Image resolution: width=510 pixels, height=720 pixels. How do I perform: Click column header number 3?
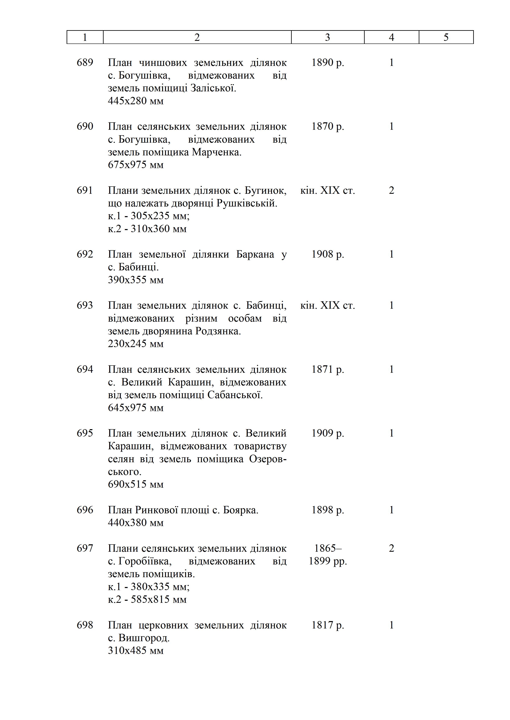pyautogui.click(x=327, y=37)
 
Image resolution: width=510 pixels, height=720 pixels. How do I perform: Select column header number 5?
pyautogui.click(x=446, y=37)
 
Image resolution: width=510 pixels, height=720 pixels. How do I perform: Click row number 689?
pyautogui.click(x=85, y=62)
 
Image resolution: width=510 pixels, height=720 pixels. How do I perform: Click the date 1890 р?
pyautogui.click(x=327, y=62)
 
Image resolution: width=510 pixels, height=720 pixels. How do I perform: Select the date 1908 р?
pyautogui.click(x=327, y=254)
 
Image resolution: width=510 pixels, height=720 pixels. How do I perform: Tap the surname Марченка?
pyautogui.click(x=216, y=152)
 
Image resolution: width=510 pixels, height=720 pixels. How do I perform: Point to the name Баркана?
pyautogui.click(x=255, y=254)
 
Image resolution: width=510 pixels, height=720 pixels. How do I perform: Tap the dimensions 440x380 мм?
pyautogui.click(x=136, y=522)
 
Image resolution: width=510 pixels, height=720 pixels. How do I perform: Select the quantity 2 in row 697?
pyautogui.click(x=391, y=548)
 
